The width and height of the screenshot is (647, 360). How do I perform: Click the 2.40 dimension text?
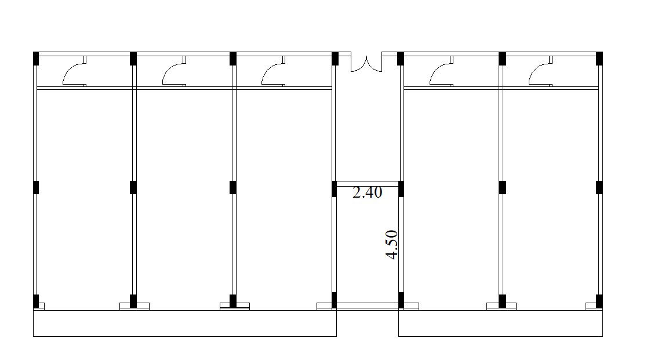(367, 192)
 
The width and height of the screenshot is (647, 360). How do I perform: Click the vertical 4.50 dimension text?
(391, 245)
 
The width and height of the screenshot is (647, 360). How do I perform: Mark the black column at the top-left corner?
(36, 59)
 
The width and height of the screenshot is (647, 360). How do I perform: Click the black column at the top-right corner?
(599, 59)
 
